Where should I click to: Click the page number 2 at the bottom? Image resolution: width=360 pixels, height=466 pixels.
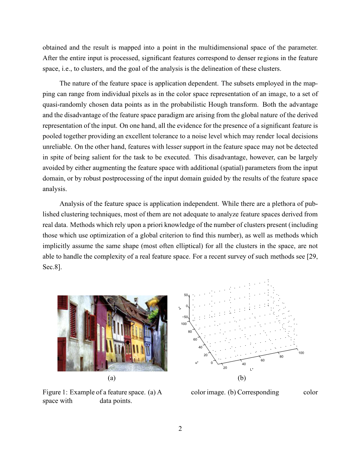[180, 429]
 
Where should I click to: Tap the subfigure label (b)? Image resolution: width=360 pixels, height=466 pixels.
[242, 378]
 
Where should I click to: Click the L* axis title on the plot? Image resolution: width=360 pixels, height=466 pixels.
[251, 369]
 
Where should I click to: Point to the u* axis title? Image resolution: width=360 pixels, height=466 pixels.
[197, 363]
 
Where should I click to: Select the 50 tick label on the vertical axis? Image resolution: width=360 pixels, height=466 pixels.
[186, 295]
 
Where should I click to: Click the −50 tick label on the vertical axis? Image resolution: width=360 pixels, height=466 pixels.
[185, 317]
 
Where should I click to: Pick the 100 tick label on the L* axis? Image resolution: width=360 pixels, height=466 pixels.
[301, 353]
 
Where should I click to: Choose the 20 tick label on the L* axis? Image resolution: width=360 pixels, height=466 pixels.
[225, 368]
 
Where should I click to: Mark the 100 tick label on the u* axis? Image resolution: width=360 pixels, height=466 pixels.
[184, 324]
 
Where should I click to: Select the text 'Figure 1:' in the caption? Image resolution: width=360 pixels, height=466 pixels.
[55, 392]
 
